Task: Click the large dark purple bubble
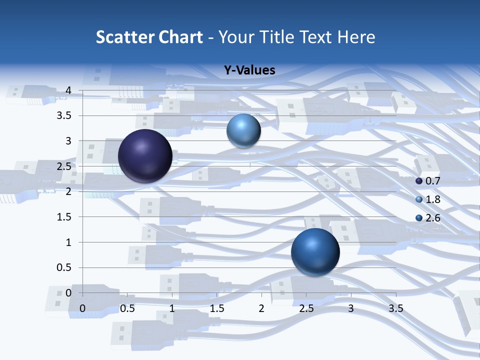pos(145,156)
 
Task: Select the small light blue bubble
pos(243,130)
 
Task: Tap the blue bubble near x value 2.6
pos(315,252)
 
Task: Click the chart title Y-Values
pos(249,70)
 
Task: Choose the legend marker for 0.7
pos(419,181)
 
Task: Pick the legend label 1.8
pos(432,199)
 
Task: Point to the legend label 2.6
pos(432,218)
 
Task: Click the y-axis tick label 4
pos(69,90)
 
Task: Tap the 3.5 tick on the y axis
pos(65,116)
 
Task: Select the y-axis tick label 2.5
pos(65,166)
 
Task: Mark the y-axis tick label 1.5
pos(65,217)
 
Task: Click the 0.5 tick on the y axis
pos(65,267)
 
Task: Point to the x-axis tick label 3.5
pos(395,309)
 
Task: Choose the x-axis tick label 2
pos(261,309)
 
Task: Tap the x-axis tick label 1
pos(172,309)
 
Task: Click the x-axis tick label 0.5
pos(127,309)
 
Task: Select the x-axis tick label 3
pos(351,309)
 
